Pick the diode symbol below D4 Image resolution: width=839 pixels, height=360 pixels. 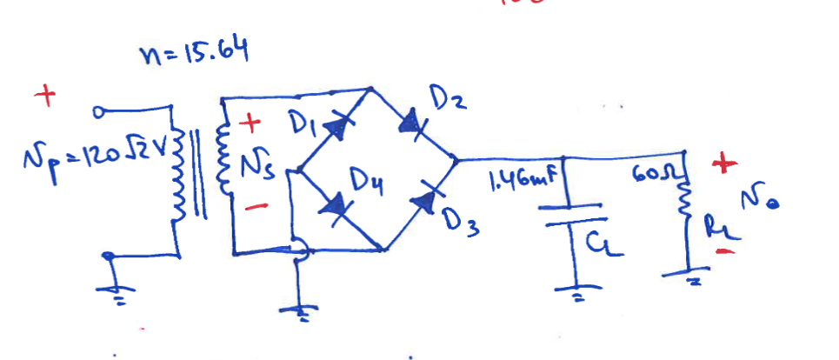(x=335, y=208)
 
